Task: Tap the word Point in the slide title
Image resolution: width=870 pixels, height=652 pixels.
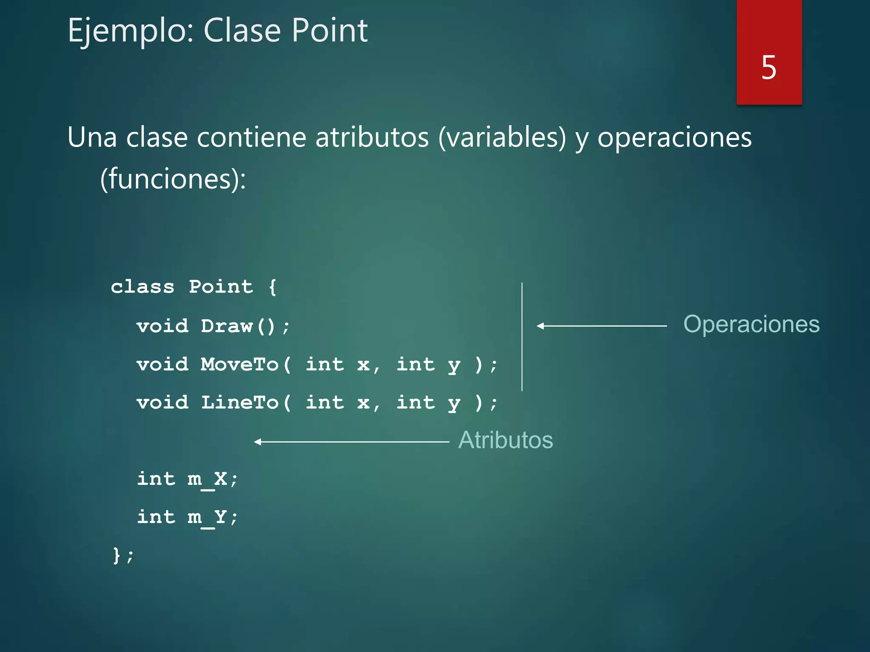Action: (x=329, y=31)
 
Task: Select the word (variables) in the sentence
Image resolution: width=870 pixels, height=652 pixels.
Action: (x=502, y=138)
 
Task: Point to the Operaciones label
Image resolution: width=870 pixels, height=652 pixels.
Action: (x=751, y=325)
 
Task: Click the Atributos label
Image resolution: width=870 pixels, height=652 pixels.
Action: (x=506, y=440)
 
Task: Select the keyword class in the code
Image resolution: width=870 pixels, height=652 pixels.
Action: (x=142, y=287)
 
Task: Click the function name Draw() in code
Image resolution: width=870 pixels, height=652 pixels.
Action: (x=238, y=326)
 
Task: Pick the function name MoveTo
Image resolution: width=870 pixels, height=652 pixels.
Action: (x=239, y=365)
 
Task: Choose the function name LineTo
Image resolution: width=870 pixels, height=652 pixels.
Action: (x=239, y=403)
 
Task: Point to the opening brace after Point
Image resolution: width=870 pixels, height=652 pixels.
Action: (x=272, y=287)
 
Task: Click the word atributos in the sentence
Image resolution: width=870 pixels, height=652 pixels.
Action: (x=372, y=138)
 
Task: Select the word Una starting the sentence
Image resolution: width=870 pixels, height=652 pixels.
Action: (x=92, y=138)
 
